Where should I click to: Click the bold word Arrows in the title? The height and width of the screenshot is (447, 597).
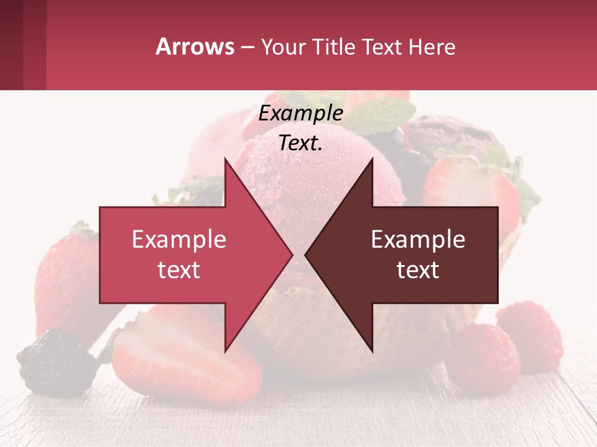[195, 47]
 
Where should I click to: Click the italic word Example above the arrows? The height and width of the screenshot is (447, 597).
[300, 114]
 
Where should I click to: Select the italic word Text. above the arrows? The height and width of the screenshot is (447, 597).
[300, 143]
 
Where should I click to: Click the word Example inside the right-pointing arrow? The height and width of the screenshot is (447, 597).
[178, 239]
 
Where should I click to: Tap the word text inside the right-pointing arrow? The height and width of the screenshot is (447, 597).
[178, 270]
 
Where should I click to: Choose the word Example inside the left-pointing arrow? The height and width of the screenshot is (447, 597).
[418, 239]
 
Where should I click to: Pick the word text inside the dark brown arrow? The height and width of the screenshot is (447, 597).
[418, 270]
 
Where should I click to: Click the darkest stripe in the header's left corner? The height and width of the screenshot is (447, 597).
[11, 45]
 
